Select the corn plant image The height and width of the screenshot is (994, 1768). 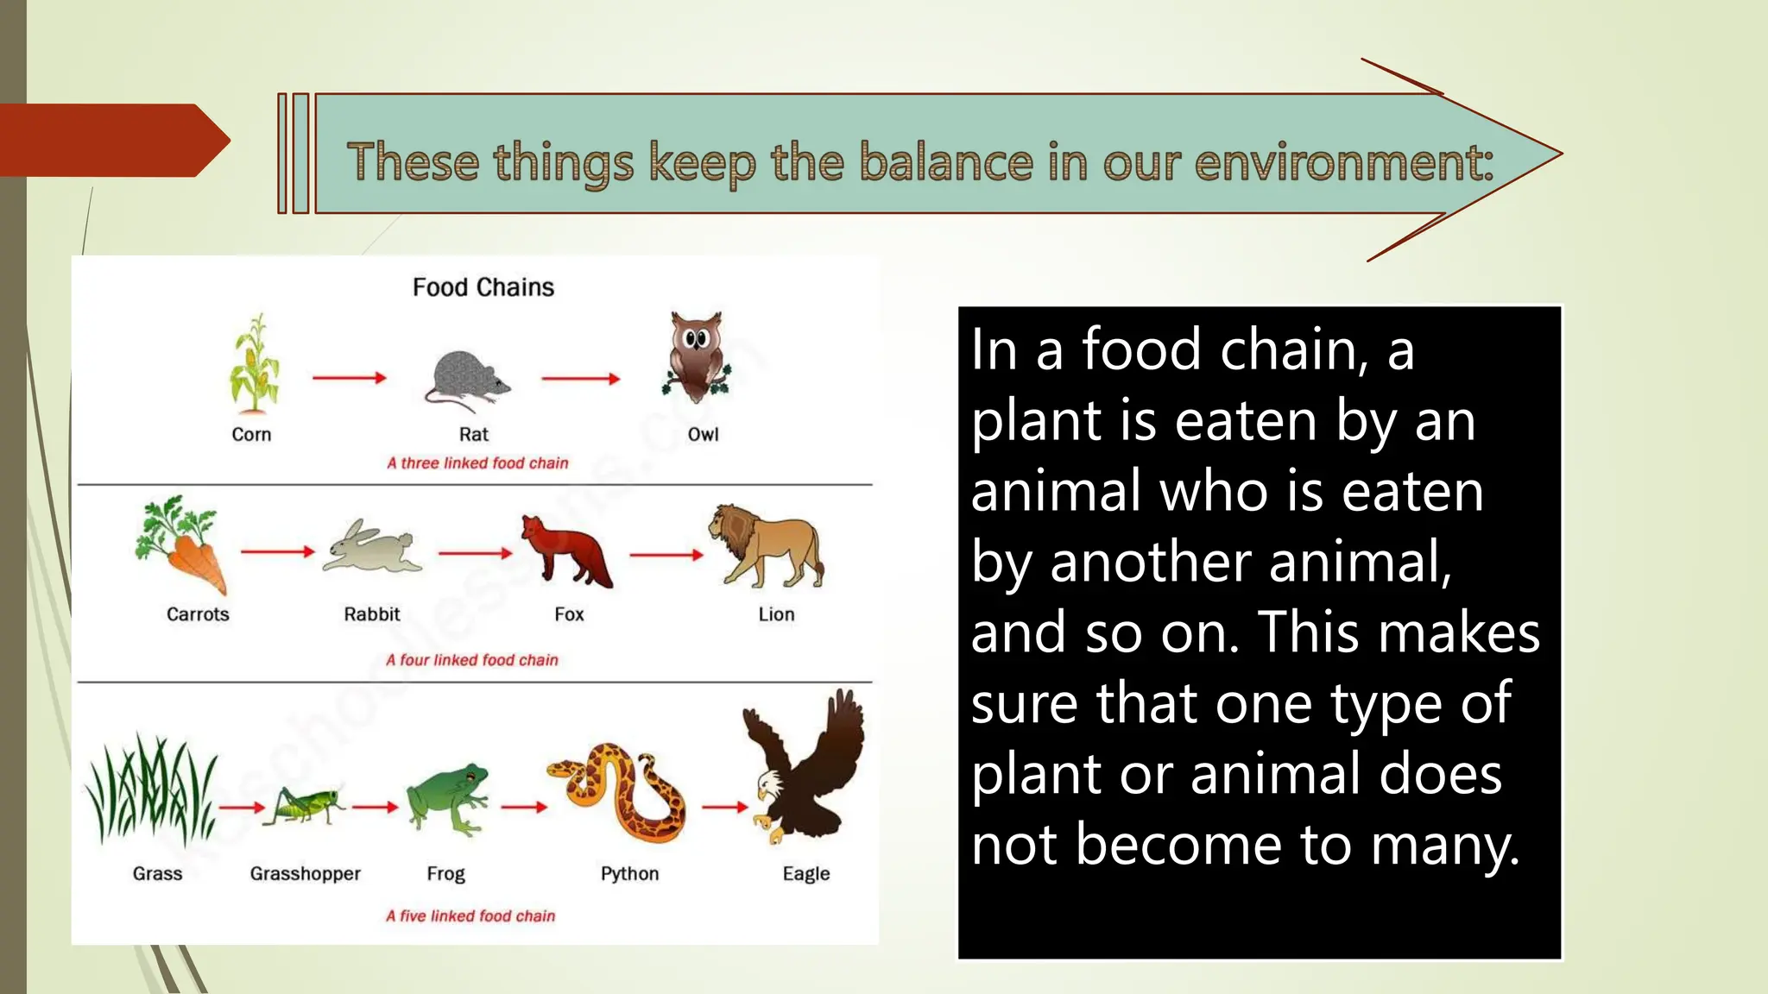coord(253,364)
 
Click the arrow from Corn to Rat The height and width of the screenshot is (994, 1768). coord(349,378)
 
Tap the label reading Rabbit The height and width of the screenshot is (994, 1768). coord(371,614)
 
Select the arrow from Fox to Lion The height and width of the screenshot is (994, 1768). coord(666,556)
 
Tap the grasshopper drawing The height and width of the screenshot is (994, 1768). coord(304,805)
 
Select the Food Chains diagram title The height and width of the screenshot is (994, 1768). coord(483,287)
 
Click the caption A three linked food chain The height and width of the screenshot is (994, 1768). coord(477,463)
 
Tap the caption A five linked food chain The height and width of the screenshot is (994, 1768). coord(470,916)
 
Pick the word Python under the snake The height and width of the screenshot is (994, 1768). coord(629,873)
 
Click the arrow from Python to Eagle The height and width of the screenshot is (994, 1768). coord(724,808)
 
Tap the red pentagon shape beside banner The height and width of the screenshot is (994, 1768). coord(112,141)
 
